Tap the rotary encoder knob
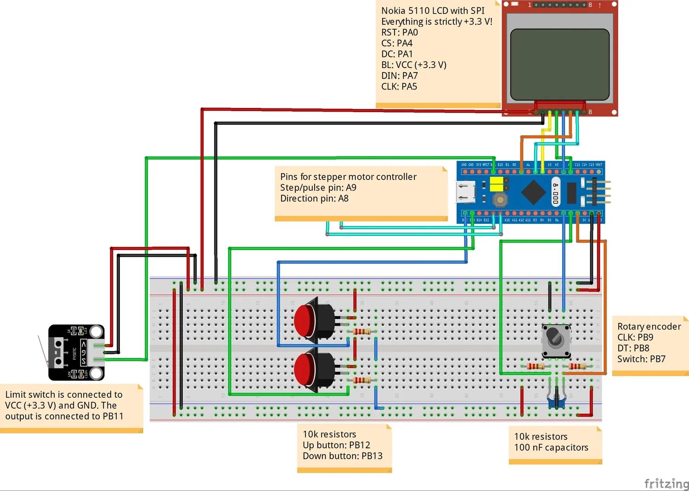[556, 339]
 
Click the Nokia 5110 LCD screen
[559, 64]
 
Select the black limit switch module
[76, 353]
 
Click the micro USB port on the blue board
[465, 192]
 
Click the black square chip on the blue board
[533, 192]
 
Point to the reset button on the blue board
[500, 200]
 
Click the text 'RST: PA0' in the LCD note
[400, 33]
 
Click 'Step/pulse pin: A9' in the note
[318, 187]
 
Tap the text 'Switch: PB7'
[641, 359]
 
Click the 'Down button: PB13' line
[342, 456]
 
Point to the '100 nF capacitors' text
[551, 447]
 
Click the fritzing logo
[666, 483]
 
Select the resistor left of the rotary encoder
[535, 366]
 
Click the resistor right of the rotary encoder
[577, 366]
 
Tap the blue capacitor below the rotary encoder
[556, 403]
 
